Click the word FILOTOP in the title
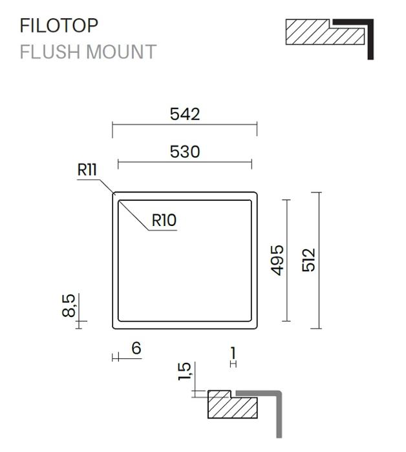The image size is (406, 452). (59, 25)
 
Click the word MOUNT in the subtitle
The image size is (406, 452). (121, 52)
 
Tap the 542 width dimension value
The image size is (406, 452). (185, 114)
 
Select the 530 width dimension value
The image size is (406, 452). (185, 152)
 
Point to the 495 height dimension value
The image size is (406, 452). (277, 260)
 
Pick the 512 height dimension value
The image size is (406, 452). (308, 260)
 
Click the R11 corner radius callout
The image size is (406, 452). (87, 169)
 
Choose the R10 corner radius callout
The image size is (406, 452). (164, 220)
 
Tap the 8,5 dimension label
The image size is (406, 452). (69, 305)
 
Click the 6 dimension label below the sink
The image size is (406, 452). (136, 348)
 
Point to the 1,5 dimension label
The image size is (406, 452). (184, 371)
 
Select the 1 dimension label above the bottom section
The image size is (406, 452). (233, 353)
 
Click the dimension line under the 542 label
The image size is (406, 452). (185, 125)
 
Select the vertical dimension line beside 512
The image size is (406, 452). (319, 260)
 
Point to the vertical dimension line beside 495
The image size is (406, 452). (286, 260)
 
